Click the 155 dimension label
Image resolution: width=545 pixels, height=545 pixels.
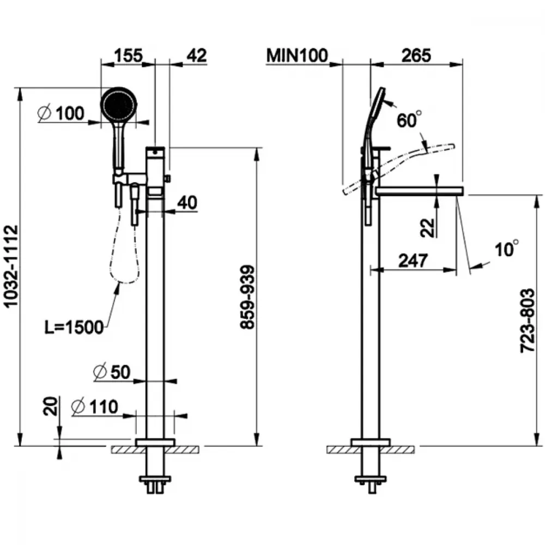coord(128,55)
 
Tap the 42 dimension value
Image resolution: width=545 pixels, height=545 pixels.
coord(197,55)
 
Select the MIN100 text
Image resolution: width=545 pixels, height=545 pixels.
coord(297,55)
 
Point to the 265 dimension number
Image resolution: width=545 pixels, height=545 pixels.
coord(416,55)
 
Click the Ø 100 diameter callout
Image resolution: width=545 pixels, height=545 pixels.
coord(61,113)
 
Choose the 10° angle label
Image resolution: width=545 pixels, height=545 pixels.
coord(507,249)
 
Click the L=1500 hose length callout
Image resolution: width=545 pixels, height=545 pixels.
coord(74,327)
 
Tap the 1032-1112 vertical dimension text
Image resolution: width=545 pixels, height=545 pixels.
coord(12,267)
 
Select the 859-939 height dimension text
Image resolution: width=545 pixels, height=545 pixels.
coord(247,297)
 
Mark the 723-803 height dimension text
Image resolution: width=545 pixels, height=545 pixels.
coord(527,320)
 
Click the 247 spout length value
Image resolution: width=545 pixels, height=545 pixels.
coord(413,261)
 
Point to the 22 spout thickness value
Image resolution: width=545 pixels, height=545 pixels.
coord(428,228)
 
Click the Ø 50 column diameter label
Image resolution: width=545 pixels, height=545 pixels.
coord(112,372)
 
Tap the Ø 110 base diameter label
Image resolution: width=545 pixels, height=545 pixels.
coord(95,407)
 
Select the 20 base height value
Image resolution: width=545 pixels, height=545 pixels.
coord(50,406)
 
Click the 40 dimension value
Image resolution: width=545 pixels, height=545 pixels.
coord(187,202)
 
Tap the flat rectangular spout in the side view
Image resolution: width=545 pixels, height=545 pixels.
coord(420,191)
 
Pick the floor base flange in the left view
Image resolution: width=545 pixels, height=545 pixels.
coord(155,443)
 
